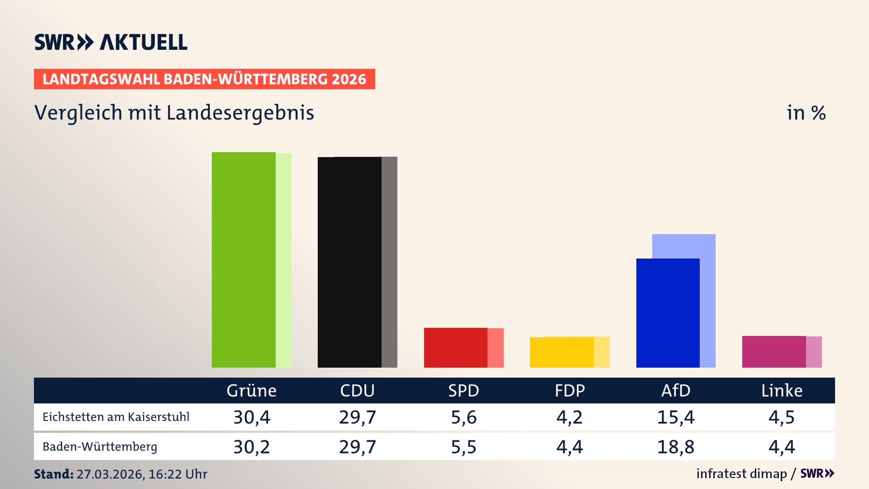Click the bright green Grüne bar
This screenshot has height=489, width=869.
[x=244, y=260]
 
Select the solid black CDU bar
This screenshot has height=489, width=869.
[x=349, y=263]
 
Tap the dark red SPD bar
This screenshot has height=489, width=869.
[x=455, y=348]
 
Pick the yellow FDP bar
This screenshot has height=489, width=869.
[x=562, y=352]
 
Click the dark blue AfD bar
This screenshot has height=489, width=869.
[x=668, y=313]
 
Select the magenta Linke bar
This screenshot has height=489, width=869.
[x=774, y=352]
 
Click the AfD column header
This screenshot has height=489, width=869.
[x=676, y=391]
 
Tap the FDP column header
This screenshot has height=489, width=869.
[x=570, y=391]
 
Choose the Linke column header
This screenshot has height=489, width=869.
[x=782, y=391]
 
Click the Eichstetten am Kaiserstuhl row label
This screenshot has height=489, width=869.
[x=116, y=417]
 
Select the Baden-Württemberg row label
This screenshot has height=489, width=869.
[x=100, y=447]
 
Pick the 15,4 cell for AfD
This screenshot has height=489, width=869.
[x=676, y=417]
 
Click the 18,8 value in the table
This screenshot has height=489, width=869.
[x=676, y=447]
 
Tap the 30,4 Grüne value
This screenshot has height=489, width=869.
[x=252, y=417]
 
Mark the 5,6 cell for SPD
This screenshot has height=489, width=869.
[x=463, y=417]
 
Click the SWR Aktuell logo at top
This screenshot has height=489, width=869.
[x=111, y=42]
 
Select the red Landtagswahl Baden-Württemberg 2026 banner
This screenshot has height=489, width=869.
[x=204, y=79]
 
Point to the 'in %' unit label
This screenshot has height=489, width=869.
[x=806, y=113]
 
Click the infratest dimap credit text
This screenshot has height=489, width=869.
[x=741, y=474]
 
